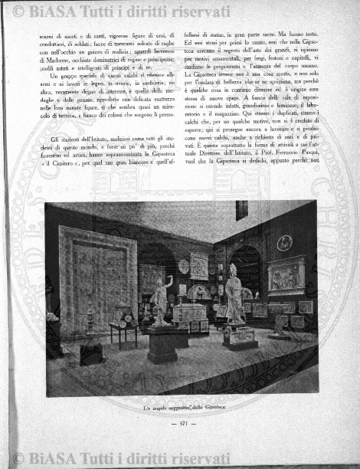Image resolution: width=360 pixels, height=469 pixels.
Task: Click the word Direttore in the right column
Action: pos(220,175)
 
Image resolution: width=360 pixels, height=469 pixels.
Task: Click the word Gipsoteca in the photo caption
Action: pos(219,409)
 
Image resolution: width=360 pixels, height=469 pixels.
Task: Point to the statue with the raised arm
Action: pos(161,299)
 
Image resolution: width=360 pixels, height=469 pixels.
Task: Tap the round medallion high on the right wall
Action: pos(284,243)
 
